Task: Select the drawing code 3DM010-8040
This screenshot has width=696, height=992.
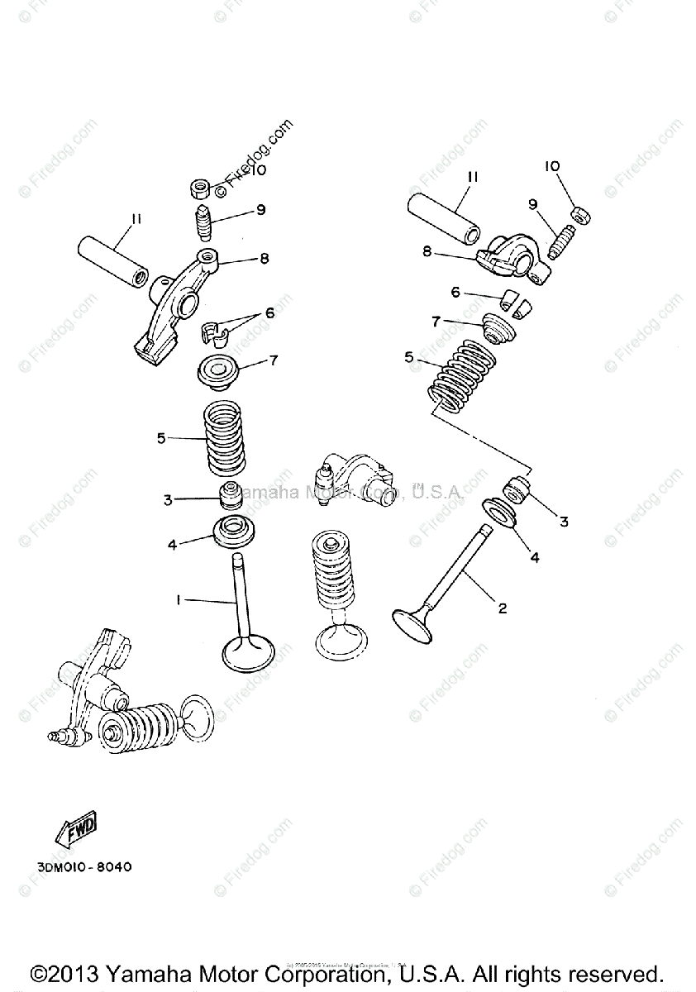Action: [83, 867]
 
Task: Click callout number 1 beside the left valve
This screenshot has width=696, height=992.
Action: [178, 601]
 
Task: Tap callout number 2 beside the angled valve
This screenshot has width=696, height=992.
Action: [502, 608]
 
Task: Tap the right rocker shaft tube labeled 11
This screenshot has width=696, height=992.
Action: [446, 217]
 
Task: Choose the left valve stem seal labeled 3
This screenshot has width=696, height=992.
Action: [230, 495]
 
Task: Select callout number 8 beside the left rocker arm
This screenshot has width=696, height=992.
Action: [264, 258]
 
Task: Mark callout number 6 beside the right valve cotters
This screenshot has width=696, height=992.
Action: [455, 292]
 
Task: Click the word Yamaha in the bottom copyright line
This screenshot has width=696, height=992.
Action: [139, 972]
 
